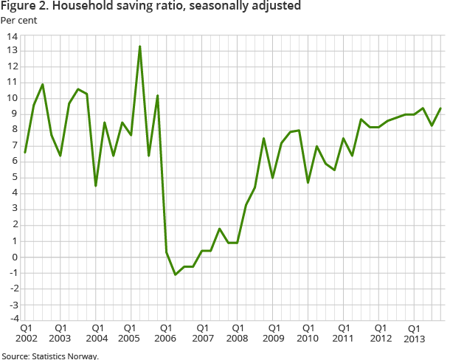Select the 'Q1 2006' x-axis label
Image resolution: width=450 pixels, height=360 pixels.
tap(165, 332)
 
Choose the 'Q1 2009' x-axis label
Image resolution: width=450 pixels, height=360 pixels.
tap(272, 332)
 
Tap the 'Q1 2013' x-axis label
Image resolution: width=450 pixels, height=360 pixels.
tap(414, 332)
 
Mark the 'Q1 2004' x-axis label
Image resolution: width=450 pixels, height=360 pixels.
tap(96, 332)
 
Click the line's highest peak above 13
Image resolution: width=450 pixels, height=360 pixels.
tap(140, 46)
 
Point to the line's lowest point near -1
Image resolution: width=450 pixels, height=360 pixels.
tap(176, 274)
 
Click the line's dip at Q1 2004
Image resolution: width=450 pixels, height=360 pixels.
tap(96, 185)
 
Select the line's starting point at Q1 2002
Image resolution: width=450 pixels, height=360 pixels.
tap(25, 152)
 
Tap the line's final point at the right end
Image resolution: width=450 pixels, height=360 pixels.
tap(441, 108)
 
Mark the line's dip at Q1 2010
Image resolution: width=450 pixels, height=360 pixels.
tap(308, 182)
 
